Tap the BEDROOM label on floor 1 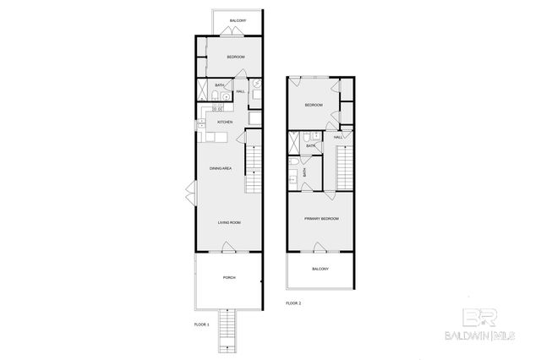tap(235, 57)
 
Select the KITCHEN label tap(225, 123)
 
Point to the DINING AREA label tap(221, 169)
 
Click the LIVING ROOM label tap(229, 222)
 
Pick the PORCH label tap(229, 277)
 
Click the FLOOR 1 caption tap(203, 323)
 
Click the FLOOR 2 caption tap(293, 303)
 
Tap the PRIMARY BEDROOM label tap(321, 218)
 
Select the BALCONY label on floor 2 tap(320, 269)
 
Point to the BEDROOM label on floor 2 tap(314, 105)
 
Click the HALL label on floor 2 tap(337, 136)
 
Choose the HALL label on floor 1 tap(240, 91)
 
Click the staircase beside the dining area tap(254, 169)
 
